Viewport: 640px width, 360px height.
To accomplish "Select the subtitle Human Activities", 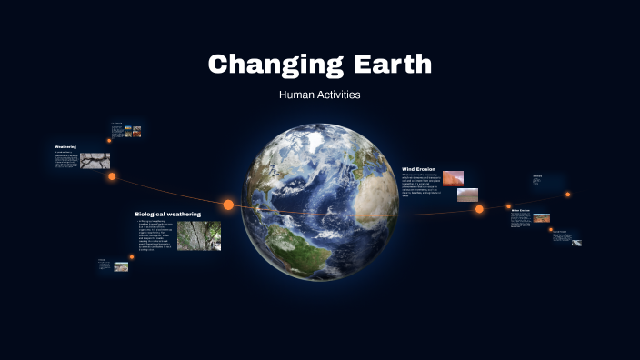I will click(319, 94).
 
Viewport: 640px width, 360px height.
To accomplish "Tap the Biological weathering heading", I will click(167, 215).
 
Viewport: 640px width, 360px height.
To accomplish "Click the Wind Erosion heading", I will click(421, 168).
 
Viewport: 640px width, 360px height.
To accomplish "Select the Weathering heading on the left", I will click(65, 147).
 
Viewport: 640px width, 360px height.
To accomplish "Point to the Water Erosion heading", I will click(520, 210).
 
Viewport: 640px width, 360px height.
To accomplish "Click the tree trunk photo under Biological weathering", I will click(198, 235).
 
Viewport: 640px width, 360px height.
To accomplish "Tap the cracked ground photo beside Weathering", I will click(95, 161).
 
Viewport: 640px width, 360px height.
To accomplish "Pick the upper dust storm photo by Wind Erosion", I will click(453, 178).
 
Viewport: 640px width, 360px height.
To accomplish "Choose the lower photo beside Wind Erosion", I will click(466, 195).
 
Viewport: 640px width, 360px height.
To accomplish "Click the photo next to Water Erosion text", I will click(541, 218).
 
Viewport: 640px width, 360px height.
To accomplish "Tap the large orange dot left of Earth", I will click(228, 205).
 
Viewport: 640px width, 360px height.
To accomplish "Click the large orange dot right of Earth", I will click(479, 209).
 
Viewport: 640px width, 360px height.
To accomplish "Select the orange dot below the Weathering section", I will click(112, 176).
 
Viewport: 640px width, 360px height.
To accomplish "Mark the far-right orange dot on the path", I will click(567, 194).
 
